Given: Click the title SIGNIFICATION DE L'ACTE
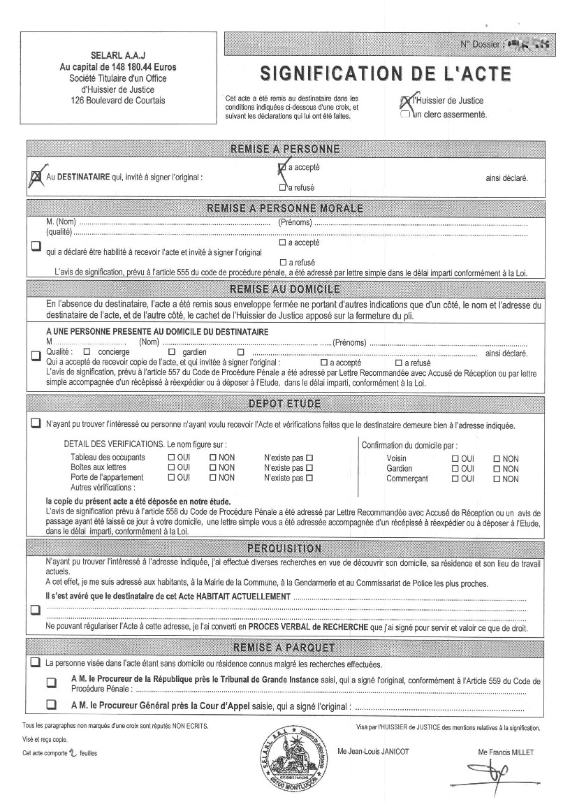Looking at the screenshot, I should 385,73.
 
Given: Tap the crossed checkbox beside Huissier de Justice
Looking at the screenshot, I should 405,102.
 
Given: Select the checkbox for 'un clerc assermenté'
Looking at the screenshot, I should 405,115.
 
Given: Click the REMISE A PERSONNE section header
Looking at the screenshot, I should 284,149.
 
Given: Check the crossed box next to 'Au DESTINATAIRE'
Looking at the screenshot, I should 36,177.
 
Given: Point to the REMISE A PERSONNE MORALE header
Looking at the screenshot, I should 284,208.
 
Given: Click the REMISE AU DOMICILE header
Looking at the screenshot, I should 284,289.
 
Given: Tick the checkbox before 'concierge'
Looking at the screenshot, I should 87,352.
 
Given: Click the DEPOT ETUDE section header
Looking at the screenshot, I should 284,404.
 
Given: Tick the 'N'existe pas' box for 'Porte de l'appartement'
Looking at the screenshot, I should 309,479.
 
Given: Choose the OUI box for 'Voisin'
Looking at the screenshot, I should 455,458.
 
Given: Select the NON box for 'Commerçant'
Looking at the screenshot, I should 497,479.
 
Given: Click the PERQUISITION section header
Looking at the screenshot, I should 284,548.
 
